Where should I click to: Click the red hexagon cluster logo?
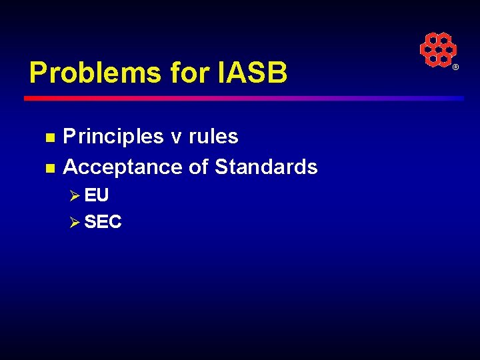click(x=438, y=49)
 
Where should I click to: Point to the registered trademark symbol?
click(x=456, y=68)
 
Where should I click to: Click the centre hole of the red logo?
click(x=438, y=49)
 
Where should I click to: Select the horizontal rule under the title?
click(x=243, y=98)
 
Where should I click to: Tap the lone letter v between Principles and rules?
click(x=176, y=138)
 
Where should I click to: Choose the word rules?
click(x=213, y=137)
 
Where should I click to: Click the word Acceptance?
click(x=123, y=167)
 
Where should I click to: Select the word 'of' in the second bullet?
click(x=199, y=167)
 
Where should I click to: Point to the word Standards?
click(x=266, y=167)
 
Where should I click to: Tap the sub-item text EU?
click(x=97, y=195)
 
